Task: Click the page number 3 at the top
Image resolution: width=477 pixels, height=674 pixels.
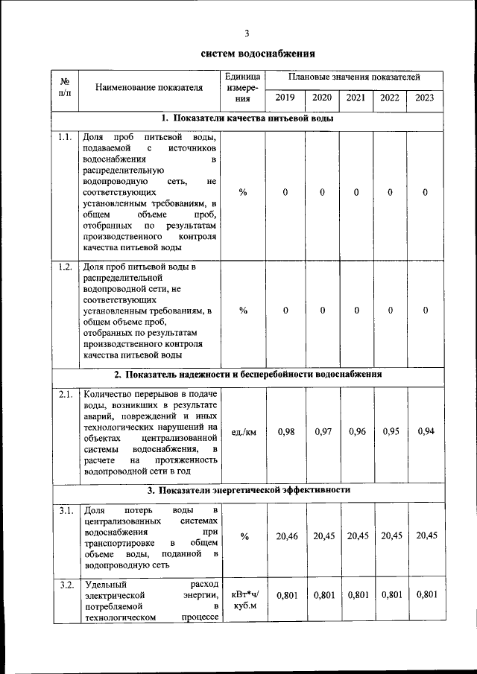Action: coord(246,33)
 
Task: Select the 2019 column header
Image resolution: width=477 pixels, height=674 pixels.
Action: coord(285,98)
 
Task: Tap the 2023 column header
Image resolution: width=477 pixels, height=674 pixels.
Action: coord(425,98)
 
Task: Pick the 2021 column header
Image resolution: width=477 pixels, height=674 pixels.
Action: coord(356,98)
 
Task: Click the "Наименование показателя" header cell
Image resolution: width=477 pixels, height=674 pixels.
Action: coord(149,88)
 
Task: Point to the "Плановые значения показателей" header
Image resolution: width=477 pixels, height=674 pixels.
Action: coord(355,77)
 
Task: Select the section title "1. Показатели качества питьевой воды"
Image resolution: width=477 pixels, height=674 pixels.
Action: coord(247,118)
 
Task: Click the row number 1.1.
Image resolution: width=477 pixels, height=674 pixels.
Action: coord(64,138)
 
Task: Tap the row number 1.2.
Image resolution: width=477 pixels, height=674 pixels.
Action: coord(64,267)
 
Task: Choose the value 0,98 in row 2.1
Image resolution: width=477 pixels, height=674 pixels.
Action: coord(285,432)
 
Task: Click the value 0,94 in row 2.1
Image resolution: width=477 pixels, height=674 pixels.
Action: coord(426,431)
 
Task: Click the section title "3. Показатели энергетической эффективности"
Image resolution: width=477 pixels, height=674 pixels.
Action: coord(247,490)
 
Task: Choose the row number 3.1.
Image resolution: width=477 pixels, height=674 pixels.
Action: coord(64,510)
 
